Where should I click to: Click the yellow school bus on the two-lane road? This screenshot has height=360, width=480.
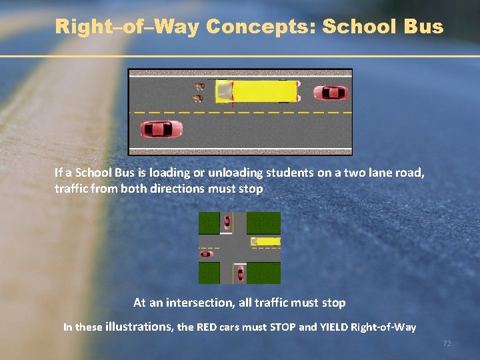tap(257, 92)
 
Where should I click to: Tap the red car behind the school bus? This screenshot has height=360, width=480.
tap(331, 93)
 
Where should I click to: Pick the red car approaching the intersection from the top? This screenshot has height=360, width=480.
tap(227, 222)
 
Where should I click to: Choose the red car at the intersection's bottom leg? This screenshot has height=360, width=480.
tap(239, 273)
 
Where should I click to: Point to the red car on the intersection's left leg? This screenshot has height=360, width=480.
tap(207, 254)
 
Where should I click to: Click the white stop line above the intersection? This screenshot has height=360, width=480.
tap(227, 233)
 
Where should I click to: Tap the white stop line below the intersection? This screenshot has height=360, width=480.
tap(240, 263)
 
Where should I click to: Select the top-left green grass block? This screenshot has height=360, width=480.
tap(209, 223)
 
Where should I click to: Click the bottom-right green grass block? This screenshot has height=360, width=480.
tap(264, 273)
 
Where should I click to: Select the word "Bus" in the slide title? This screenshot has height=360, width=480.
tap(423, 27)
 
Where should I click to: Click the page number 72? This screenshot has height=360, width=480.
tap(447, 343)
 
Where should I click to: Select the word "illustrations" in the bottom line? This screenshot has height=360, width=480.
tap(139, 327)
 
